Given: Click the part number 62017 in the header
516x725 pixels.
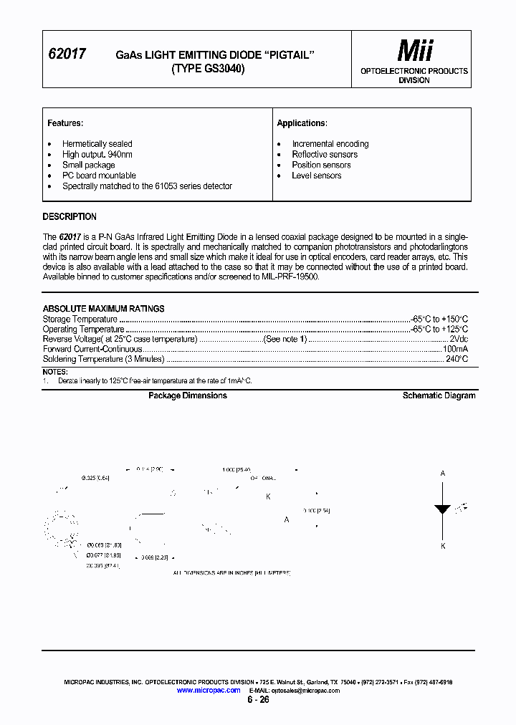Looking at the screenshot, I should point(66,54).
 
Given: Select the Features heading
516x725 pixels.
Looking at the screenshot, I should point(65,123).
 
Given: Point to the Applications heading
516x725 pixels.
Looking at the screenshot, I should point(302,123).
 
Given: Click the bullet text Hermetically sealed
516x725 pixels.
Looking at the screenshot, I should point(97,144).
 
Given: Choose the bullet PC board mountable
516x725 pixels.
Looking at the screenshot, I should point(99,176).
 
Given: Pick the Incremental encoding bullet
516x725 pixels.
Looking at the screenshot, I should point(330,144).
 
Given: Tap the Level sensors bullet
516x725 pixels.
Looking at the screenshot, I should point(316,176).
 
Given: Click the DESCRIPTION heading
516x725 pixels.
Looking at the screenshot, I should point(70,217).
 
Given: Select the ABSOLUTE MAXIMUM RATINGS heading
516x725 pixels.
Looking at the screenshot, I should point(103,309).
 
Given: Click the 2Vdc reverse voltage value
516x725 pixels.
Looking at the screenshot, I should point(458,340).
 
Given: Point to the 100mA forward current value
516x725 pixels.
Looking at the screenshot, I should point(455,350).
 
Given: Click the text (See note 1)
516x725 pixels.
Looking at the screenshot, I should point(285,340).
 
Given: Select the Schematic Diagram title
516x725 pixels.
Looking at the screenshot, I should point(439,395).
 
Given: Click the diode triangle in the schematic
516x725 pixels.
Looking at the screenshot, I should point(442,509).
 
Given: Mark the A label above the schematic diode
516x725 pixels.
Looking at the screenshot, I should point(442,474).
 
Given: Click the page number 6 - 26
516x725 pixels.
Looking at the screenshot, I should point(258,700).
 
